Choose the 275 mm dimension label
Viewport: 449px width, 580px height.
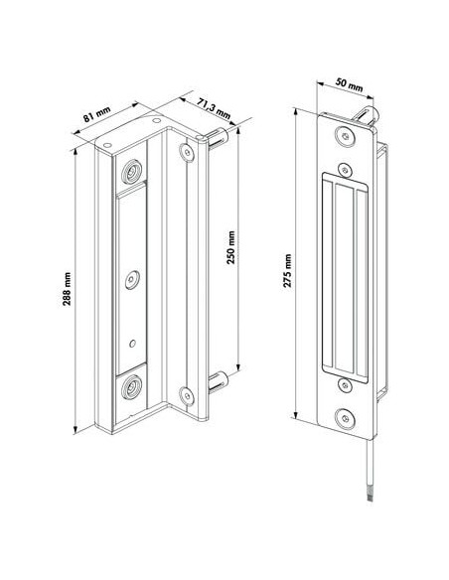(288, 268)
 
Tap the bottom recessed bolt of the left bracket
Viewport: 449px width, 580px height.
(131, 389)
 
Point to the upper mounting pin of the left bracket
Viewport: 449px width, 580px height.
(220, 136)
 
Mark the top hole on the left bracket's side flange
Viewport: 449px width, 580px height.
(184, 152)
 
